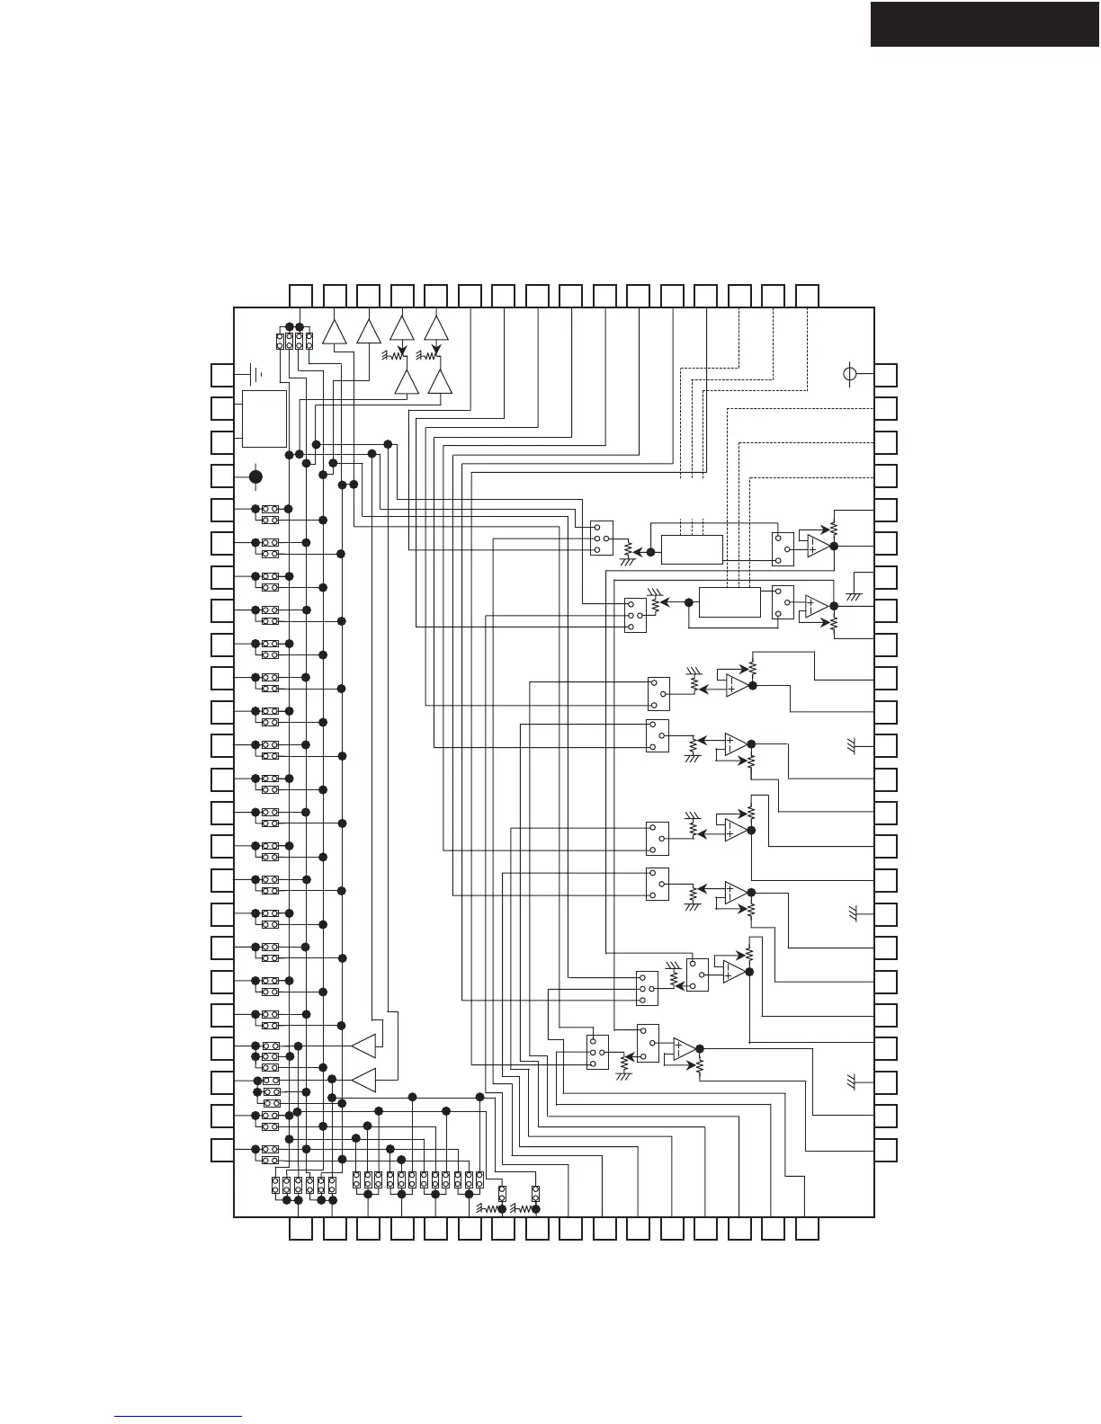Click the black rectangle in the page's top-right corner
coord(985,23)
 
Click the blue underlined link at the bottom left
coord(179,1417)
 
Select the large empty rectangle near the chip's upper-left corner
coord(264,419)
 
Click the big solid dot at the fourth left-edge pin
coord(255,476)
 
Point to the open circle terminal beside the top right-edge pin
coord(850,374)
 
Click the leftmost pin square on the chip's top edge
coord(301,295)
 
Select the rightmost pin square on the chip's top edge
coord(807,295)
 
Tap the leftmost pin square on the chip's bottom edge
coord(301,1229)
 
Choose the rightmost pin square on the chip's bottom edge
coord(807,1229)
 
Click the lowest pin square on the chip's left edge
coord(222,1150)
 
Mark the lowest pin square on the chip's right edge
coord(886,1150)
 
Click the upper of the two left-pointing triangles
coord(363,1046)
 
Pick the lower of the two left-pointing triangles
coord(363,1080)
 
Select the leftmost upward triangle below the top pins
coord(335,331)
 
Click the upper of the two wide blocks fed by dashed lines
coord(692,548)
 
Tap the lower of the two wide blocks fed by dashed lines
coord(730,602)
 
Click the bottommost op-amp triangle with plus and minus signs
coord(685,1049)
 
